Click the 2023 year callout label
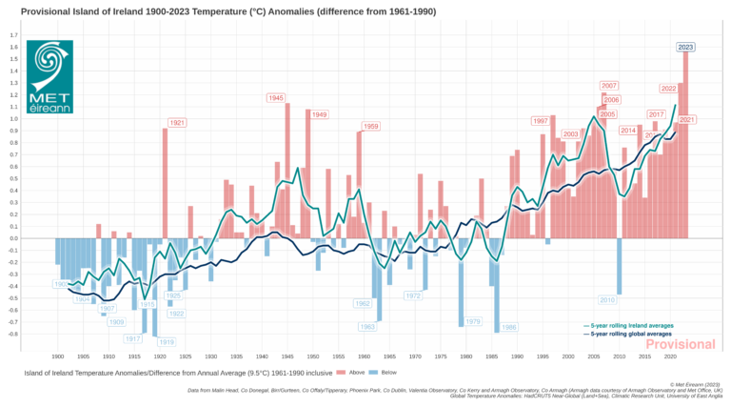tap(685, 47)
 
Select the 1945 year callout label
tap(276, 98)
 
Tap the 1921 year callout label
tap(177, 123)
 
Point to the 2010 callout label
tap(608, 300)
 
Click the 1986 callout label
tap(509, 327)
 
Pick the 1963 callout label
tap(367, 327)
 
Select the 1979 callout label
tap(473, 321)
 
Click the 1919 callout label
tap(166, 341)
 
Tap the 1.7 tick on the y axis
tap(13, 35)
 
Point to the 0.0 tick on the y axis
tap(13, 238)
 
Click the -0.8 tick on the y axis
tap(12, 334)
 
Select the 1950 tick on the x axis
tap(312, 356)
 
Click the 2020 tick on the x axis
tap(670, 356)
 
